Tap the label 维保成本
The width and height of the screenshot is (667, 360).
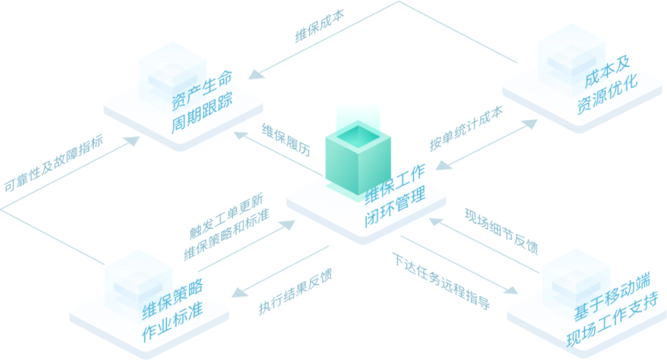click(320, 25)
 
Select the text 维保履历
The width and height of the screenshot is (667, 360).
click(286, 140)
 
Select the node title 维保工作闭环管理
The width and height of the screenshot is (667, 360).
click(395, 196)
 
